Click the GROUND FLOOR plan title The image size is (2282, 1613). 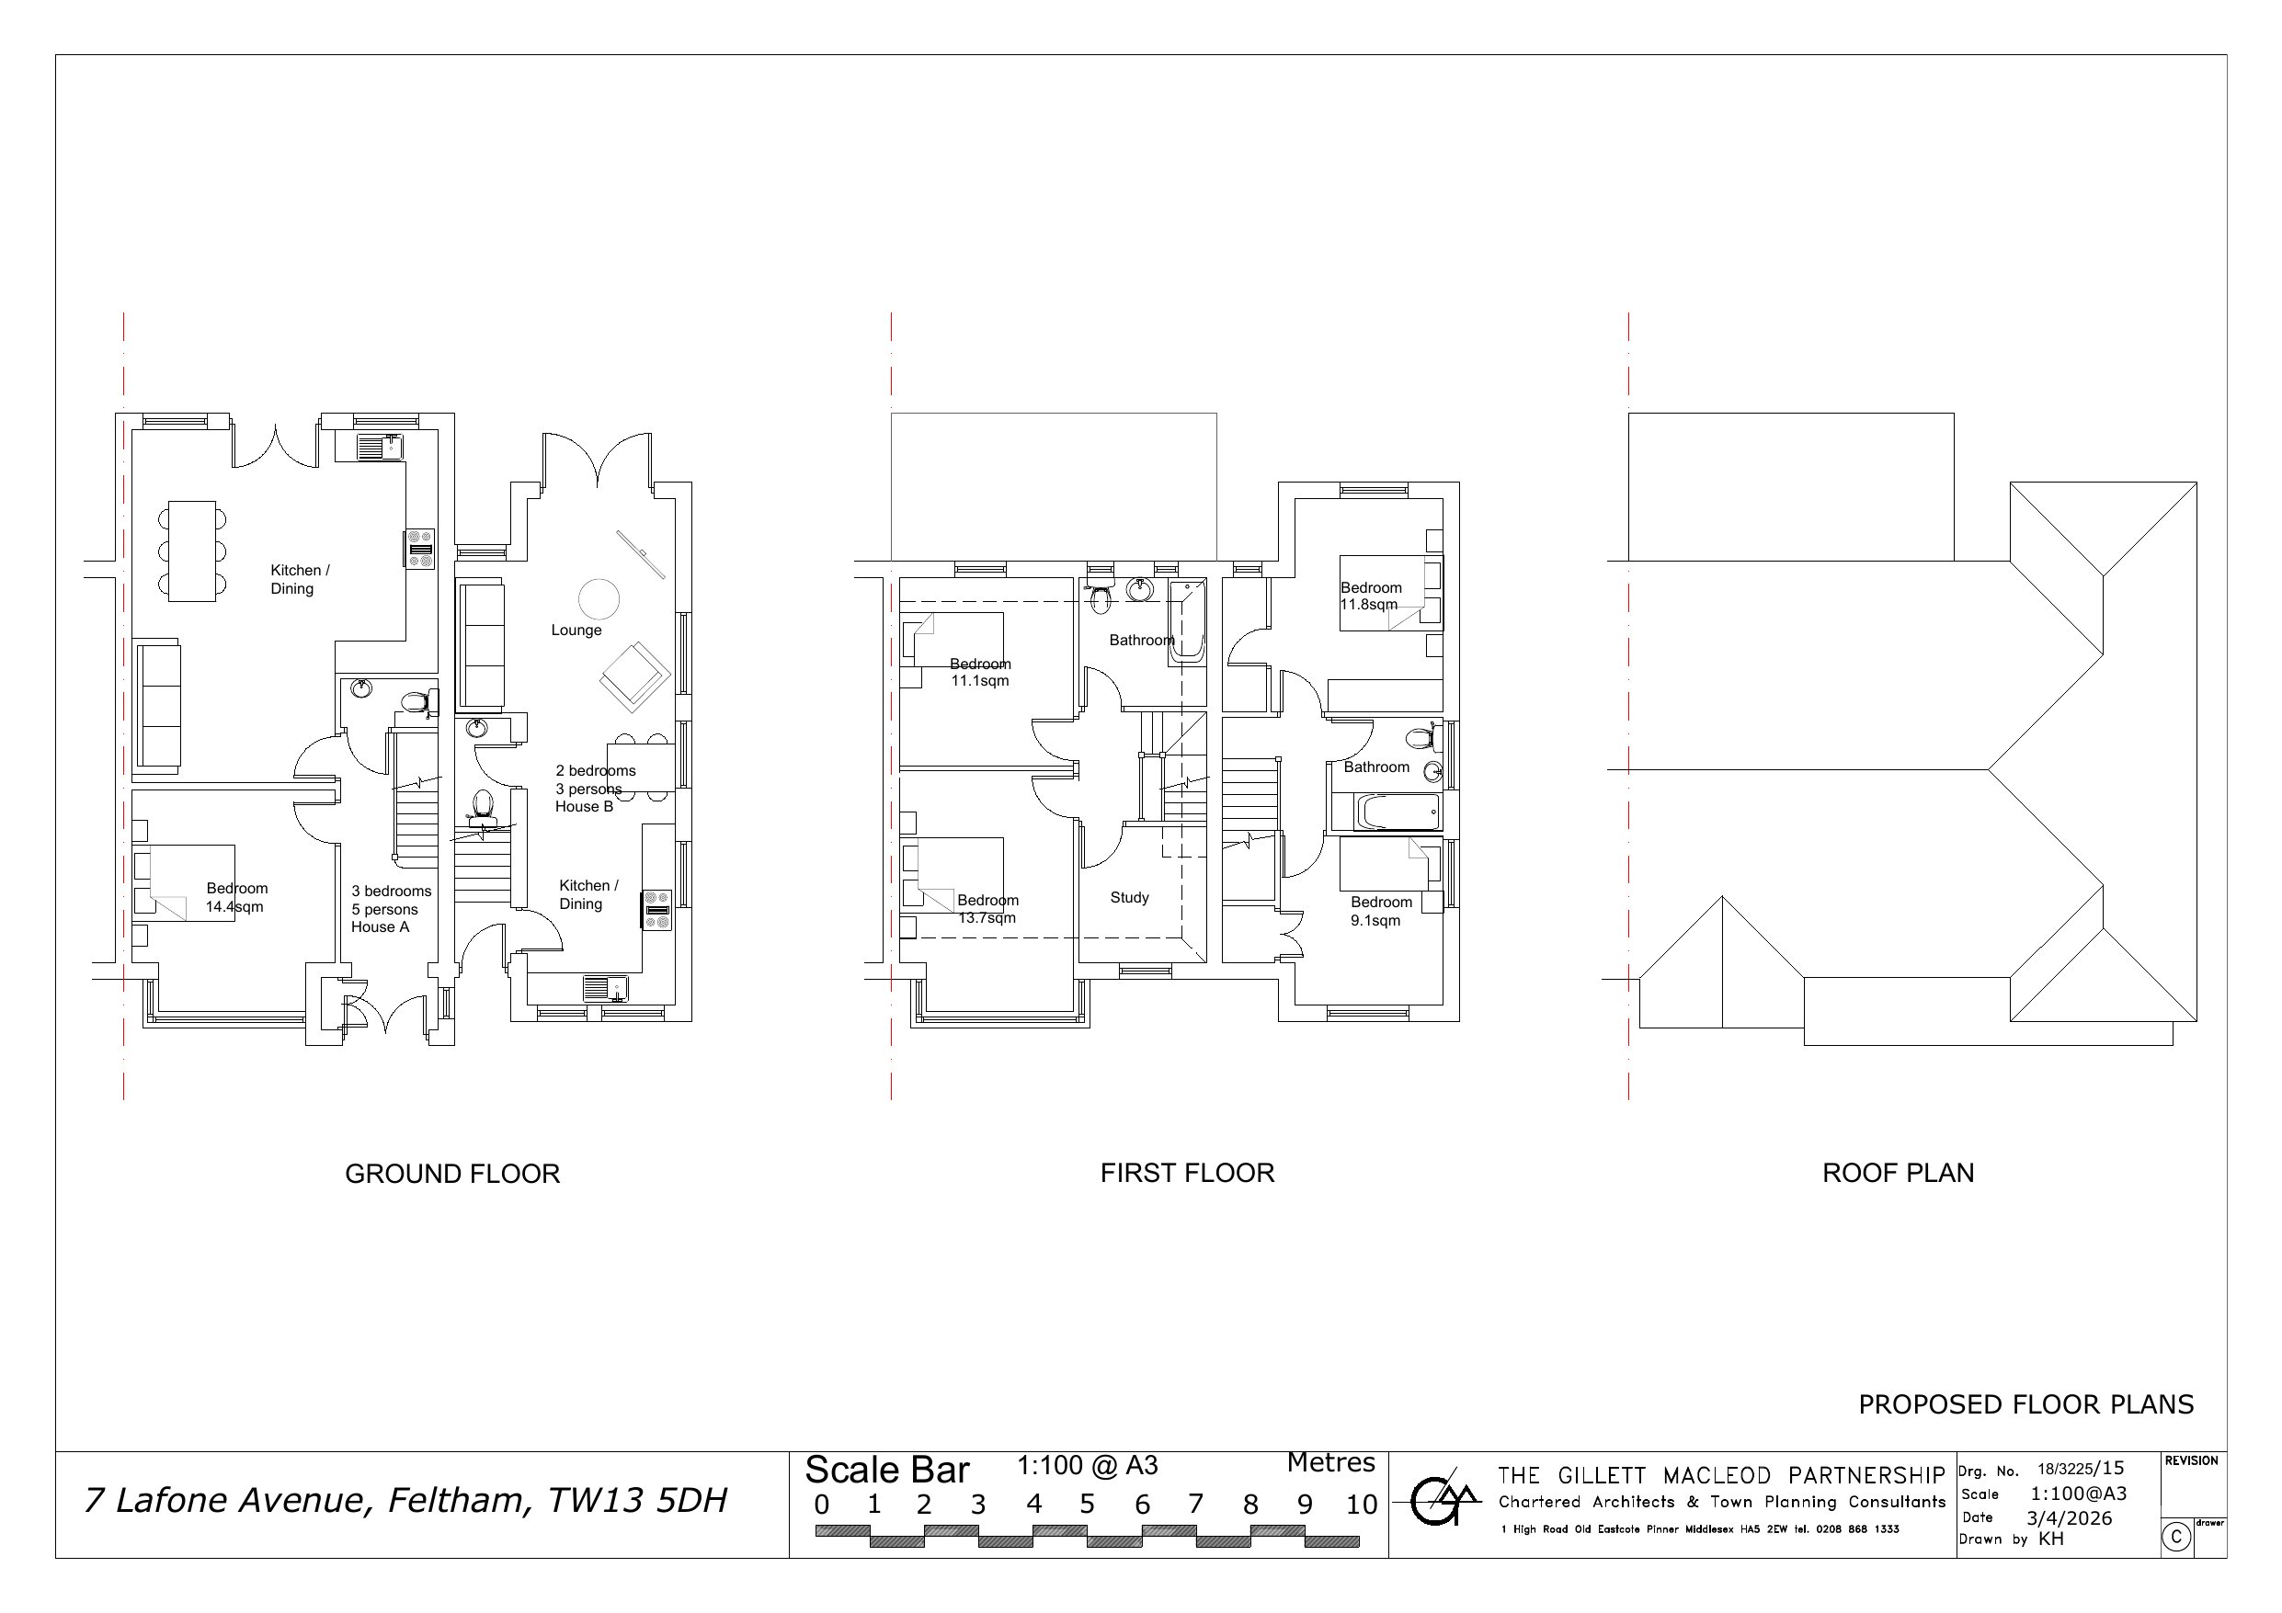point(452,1174)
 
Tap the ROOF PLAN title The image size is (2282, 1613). point(1898,1173)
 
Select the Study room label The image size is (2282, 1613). point(1129,897)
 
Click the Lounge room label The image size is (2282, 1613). point(576,630)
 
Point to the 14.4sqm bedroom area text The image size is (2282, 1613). point(234,906)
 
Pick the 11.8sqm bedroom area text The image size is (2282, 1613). point(1369,604)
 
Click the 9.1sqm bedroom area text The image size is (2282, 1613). point(1375,920)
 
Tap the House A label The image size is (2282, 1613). point(380,927)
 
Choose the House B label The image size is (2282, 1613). point(585,807)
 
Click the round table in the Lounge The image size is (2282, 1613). point(599,599)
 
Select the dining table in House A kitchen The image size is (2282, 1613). point(192,551)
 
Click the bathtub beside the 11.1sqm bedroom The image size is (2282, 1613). point(1187,620)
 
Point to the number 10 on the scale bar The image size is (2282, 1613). point(1362,1505)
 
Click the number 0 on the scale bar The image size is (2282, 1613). point(821,1505)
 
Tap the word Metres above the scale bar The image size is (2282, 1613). point(1330,1463)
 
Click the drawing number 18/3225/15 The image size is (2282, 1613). point(2081,1469)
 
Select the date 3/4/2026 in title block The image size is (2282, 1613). point(2070,1517)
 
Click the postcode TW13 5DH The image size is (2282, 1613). point(638,1500)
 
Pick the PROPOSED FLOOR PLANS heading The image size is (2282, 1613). point(2025,1404)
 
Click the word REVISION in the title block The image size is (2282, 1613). point(2192,1461)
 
